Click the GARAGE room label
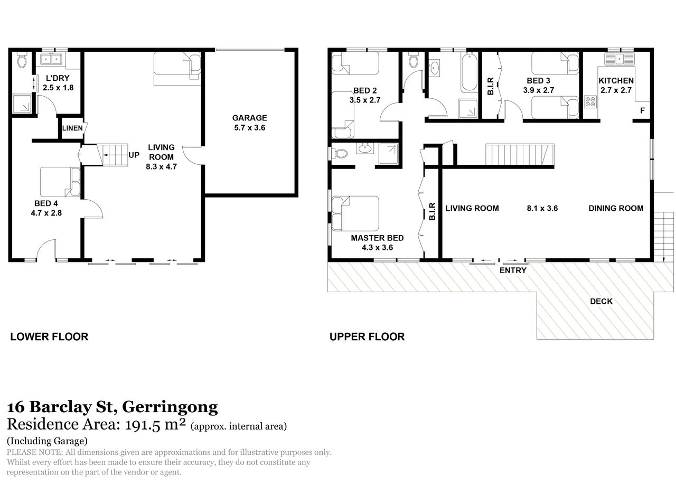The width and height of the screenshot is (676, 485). click(x=249, y=118)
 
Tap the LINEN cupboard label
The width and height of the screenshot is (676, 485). click(x=72, y=128)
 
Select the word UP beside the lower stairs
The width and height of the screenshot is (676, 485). click(x=134, y=155)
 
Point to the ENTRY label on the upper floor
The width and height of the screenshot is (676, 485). click(x=513, y=271)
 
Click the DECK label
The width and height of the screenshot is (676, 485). click(x=601, y=301)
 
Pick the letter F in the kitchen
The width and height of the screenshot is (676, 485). click(x=642, y=110)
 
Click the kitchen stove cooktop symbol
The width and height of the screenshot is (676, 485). click(x=590, y=101)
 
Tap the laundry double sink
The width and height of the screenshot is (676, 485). click(x=51, y=59)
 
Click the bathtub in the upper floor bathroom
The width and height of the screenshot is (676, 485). click(x=469, y=72)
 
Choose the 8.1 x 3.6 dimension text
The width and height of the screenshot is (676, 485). click(x=542, y=208)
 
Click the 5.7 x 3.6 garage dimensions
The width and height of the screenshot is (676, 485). click(x=250, y=128)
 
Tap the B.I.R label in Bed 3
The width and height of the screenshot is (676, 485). click(x=491, y=86)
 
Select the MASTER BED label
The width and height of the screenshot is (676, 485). click(x=377, y=238)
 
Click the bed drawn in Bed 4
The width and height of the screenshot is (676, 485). click(x=60, y=182)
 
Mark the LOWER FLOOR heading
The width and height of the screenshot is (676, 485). click(x=49, y=337)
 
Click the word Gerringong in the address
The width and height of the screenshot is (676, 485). click(x=170, y=407)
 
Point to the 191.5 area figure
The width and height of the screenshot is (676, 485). click(x=142, y=425)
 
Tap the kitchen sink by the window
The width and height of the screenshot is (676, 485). click(x=619, y=59)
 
